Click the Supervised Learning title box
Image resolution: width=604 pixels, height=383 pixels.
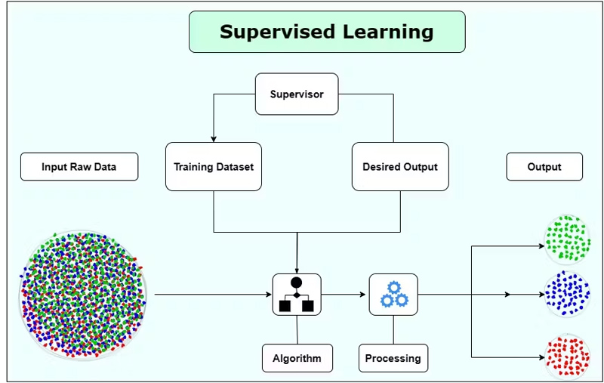pyautogui.click(x=326, y=32)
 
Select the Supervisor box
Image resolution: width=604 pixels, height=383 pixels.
pyautogui.click(x=297, y=94)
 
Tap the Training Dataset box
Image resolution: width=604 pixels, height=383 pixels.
pyautogui.click(x=214, y=167)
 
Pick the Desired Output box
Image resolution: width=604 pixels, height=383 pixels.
pyautogui.click(x=400, y=167)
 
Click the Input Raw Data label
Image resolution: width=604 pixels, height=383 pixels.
pyautogui.click(x=79, y=167)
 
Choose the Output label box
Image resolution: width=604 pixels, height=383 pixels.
pyautogui.click(x=544, y=167)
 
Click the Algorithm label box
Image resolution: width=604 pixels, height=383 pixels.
pyautogui.click(x=297, y=358)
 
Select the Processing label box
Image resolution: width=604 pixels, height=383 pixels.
pyautogui.click(x=393, y=358)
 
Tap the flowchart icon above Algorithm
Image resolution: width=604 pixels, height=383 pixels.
pyautogui.click(x=297, y=295)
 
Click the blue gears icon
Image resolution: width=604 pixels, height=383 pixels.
pyautogui.click(x=393, y=295)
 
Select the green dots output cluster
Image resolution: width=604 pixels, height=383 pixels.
pyautogui.click(x=566, y=237)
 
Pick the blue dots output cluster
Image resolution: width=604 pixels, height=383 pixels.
pyautogui.click(x=566, y=294)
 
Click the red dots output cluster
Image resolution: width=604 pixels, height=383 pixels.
pyautogui.click(x=566, y=355)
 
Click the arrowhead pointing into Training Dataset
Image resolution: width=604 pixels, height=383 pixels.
pyautogui.click(x=214, y=139)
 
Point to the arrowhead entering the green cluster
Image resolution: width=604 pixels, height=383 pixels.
pyautogui.click(x=541, y=246)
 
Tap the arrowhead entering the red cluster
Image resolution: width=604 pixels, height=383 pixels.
pyautogui.click(x=541, y=356)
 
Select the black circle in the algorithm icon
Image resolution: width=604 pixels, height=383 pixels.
pyautogui.click(x=297, y=283)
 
